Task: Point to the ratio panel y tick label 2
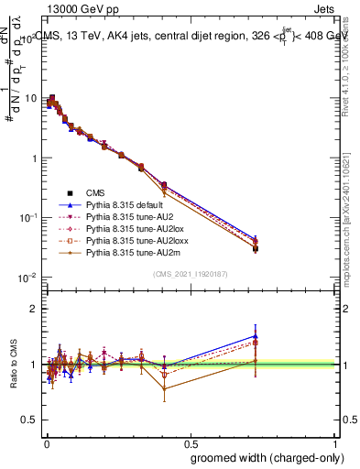(x=36, y=309)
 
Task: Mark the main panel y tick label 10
(x=30, y=98)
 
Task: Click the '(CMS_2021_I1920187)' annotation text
(x=191, y=273)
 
